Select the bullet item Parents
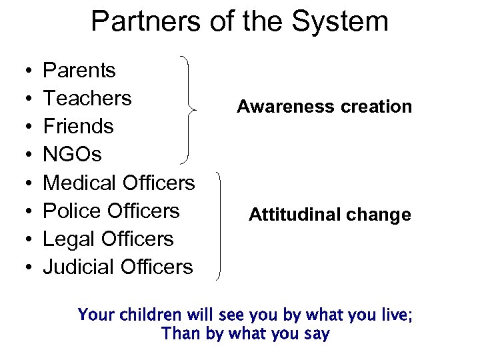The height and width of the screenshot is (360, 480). pos(79,70)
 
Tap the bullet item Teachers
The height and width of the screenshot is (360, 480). pos(87,98)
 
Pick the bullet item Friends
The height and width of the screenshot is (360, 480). pos(78,126)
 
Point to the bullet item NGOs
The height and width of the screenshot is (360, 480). pos(72,154)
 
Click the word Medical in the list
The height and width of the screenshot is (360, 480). pos(80,182)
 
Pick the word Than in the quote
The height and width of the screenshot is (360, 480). pos(181,334)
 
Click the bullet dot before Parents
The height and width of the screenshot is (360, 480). pos(24,71)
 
